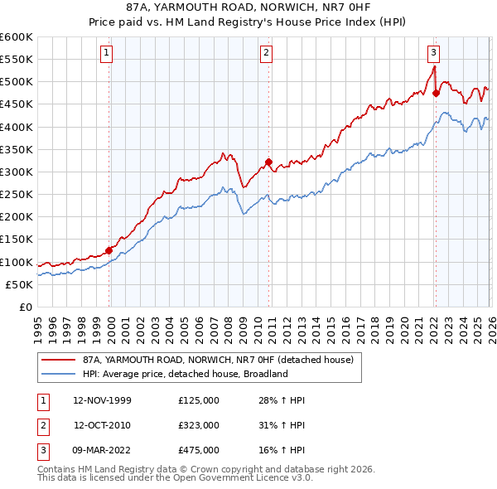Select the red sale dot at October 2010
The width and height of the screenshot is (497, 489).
pyautogui.click(x=268, y=162)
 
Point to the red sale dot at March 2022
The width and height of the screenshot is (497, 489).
pyautogui.click(x=436, y=94)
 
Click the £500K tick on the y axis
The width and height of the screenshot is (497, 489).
pyautogui.click(x=17, y=82)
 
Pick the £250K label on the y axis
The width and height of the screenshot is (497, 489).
pyautogui.click(x=17, y=195)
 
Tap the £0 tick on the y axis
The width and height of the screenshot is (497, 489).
pyautogui.click(x=25, y=307)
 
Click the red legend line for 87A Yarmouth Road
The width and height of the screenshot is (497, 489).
pyautogui.click(x=57, y=360)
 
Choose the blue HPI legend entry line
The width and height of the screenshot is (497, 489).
pyautogui.click(x=57, y=374)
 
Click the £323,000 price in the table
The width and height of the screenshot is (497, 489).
pyautogui.click(x=199, y=425)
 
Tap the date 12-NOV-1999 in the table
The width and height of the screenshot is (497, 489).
pyautogui.click(x=102, y=400)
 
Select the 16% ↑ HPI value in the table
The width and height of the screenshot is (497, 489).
pyautogui.click(x=282, y=450)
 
